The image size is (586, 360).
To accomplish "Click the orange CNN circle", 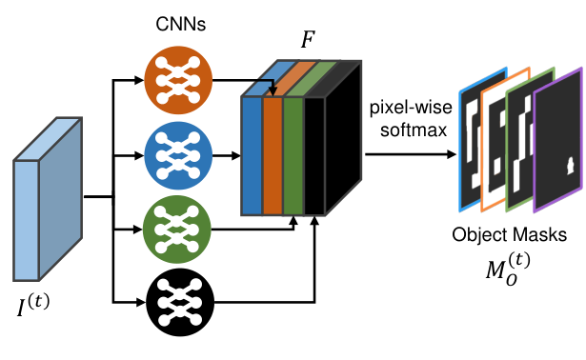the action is coord(178,80).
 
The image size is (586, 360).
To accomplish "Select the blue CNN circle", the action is coord(178,155).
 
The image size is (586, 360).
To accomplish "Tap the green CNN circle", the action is coord(177,230).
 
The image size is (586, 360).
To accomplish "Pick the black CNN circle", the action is coord(180,302).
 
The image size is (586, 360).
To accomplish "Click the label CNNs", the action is coord(180,24).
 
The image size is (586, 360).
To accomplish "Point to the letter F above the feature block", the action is coord(308,39).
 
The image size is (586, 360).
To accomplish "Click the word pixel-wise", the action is coord(411,108).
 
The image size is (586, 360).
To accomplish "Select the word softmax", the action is coord(414,130).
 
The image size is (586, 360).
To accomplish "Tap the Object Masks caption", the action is coord(509,235).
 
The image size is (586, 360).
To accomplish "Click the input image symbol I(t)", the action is coord(33,305).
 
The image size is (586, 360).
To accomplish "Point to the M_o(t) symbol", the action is coord(508,269).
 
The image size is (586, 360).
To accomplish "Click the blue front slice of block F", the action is coord(253,156).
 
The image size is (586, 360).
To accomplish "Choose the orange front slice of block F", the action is coord(273,156).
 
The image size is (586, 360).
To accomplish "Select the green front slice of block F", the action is coord(293,156).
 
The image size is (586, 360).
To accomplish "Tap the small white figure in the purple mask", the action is coord(571,166).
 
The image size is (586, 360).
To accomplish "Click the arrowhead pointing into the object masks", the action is coord(452,154).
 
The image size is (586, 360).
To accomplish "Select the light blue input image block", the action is coord(48,199).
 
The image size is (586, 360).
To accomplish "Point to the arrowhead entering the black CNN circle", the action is coord(141,302).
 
